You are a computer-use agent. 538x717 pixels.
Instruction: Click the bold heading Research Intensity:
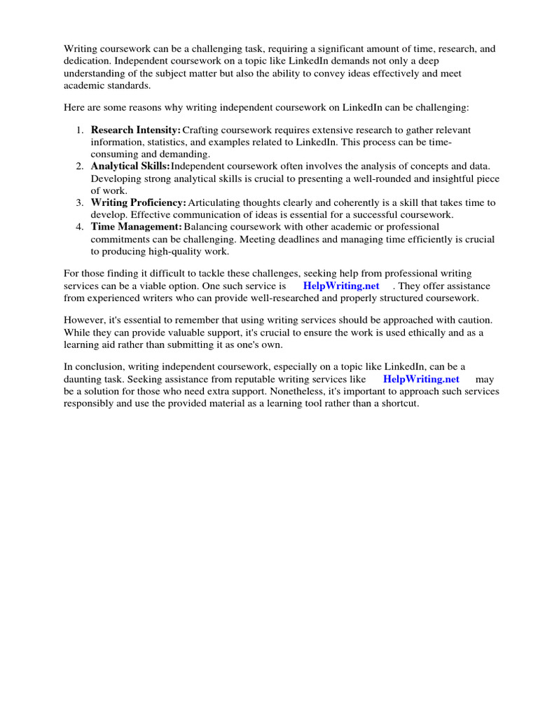coord(136,130)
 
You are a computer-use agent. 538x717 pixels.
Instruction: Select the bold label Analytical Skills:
coord(130,166)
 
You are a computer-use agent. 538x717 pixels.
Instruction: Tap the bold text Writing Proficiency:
coord(139,202)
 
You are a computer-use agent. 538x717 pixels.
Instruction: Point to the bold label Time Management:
coord(137,227)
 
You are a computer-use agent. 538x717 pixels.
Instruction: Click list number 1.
coord(80,130)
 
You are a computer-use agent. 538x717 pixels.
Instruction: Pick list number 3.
coord(80,202)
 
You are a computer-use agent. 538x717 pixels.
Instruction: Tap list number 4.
coord(80,227)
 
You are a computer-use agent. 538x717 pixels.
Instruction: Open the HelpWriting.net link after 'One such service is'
coord(341,286)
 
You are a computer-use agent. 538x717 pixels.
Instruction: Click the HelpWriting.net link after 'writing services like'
coord(421,379)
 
